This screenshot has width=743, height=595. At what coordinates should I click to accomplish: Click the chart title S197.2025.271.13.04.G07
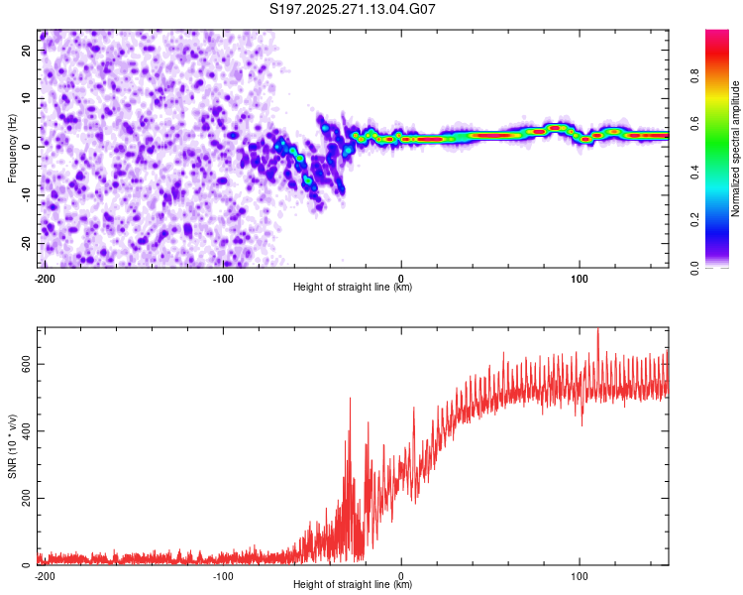click(354, 10)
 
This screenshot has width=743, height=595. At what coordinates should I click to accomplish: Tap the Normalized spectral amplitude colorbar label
click(736, 149)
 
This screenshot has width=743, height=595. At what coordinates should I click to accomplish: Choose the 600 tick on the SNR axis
click(25, 364)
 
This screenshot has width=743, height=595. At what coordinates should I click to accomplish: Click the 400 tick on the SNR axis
click(25, 430)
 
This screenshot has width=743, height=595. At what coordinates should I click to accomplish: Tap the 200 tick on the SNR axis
click(25, 497)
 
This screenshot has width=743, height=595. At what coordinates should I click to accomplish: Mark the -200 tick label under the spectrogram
click(44, 278)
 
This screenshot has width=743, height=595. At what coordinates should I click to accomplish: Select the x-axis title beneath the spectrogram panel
click(353, 288)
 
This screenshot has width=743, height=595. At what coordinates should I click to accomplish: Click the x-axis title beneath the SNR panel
click(353, 585)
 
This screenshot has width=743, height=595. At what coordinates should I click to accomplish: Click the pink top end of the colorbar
click(717, 35)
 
